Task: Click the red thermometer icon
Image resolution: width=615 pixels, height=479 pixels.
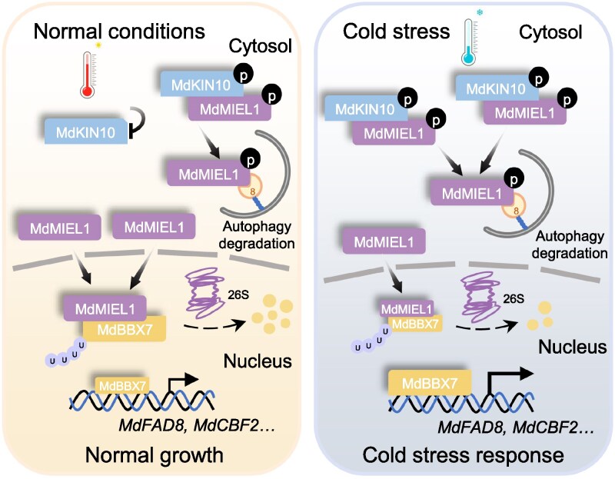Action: [88, 75]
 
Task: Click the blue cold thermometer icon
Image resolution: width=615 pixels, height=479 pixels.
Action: [470, 42]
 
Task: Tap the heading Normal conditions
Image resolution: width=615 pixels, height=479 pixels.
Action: [119, 31]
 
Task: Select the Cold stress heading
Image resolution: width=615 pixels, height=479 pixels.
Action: [396, 32]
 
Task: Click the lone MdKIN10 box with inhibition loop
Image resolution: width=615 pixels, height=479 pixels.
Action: [86, 131]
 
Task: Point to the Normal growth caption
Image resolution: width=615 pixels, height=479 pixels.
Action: [155, 455]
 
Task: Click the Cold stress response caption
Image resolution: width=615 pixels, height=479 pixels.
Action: [463, 455]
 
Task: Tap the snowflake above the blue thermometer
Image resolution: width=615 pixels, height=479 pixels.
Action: [479, 13]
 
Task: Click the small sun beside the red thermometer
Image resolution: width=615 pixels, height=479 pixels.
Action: [98, 46]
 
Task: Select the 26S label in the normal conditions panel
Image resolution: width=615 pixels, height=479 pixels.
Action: [238, 294]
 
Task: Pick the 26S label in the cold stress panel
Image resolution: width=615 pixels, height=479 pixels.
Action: [514, 299]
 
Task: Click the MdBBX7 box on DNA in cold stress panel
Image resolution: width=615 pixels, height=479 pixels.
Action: [430, 382]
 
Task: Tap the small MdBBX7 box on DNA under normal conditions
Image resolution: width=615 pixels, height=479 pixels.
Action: [122, 386]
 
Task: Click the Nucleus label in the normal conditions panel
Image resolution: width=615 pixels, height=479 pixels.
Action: [258, 361]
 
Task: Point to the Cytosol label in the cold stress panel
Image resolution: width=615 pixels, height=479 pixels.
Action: [550, 32]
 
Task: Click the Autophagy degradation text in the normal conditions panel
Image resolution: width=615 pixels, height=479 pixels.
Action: [257, 235]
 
